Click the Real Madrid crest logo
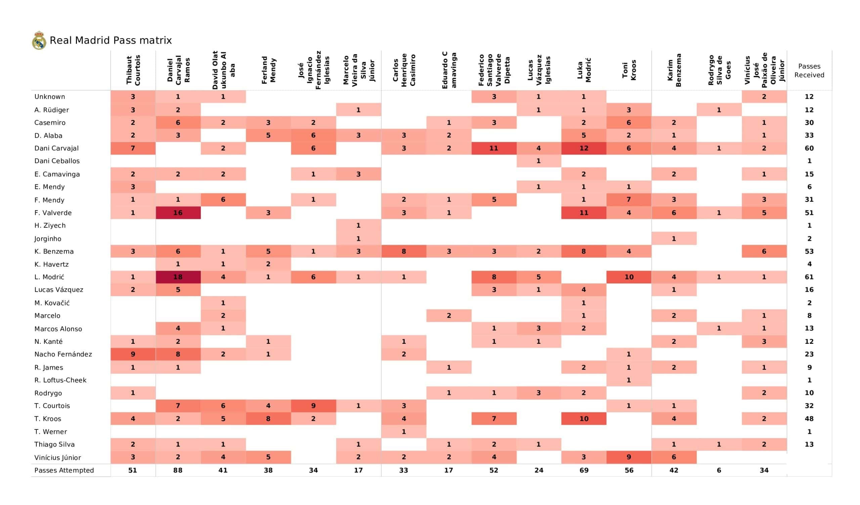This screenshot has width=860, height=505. pyautogui.click(x=39, y=41)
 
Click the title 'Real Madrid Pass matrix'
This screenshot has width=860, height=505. pyautogui.click(x=111, y=41)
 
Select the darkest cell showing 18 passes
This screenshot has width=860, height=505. pyautogui.click(x=178, y=277)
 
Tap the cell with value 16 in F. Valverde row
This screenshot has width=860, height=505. pyautogui.click(x=178, y=213)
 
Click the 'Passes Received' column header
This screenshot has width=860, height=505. pyautogui.click(x=809, y=71)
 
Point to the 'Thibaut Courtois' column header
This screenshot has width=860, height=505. pyautogui.click(x=133, y=70)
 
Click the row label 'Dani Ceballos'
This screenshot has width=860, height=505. pyautogui.click(x=57, y=161)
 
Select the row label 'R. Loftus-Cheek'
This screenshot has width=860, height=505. pyautogui.click(x=60, y=380)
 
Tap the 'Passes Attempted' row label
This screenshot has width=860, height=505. pyautogui.click(x=64, y=470)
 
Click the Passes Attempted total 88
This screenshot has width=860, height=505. pyautogui.click(x=178, y=470)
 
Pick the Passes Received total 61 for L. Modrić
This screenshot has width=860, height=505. pyautogui.click(x=809, y=277)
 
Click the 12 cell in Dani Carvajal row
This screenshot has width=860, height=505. pyautogui.click(x=584, y=148)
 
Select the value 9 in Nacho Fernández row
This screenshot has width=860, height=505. pyautogui.click(x=133, y=354)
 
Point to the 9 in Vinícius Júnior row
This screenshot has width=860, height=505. pyautogui.click(x=629, y=457)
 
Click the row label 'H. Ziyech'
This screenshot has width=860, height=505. pyautogui.click(x=50, y=226)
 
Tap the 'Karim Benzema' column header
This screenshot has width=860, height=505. pyautogui.click(x=674, y=70)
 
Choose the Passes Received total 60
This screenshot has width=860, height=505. pyautogui.click(x=809, y=148)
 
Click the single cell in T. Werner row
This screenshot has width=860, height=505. pyautogui.click(x=404, y=432)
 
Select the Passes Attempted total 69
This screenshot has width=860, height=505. pyautogui.click(x=584, y=470)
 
